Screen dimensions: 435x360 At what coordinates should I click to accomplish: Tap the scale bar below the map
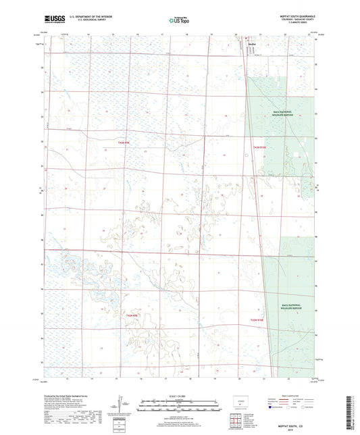180,404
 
